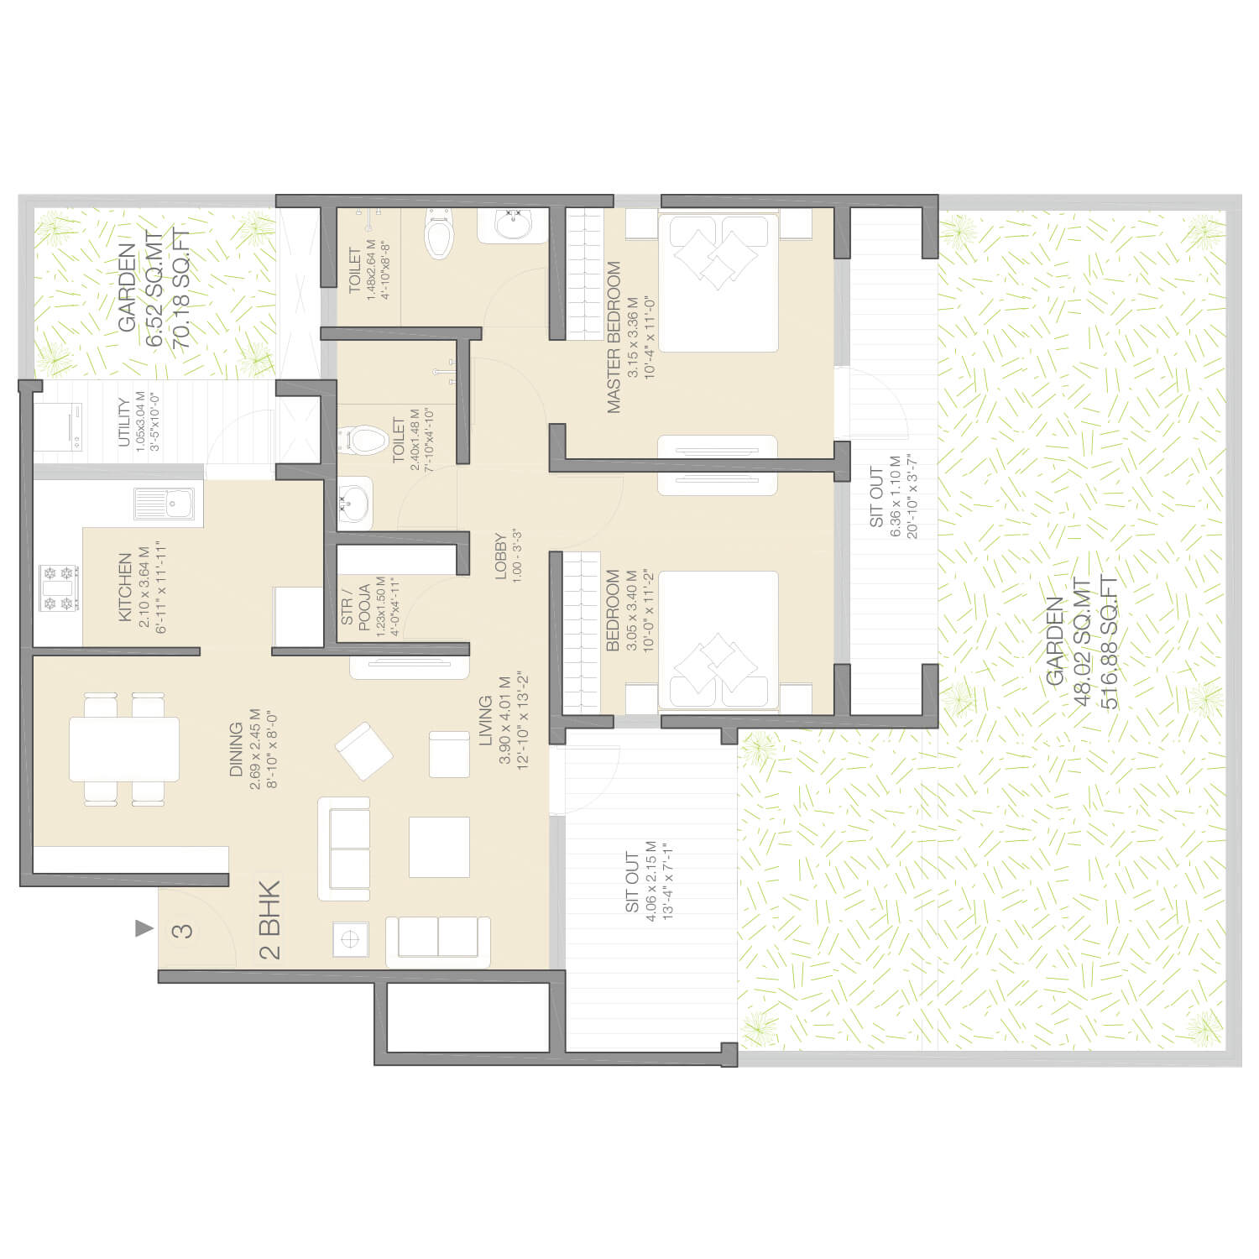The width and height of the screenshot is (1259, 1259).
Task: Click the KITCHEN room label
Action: pos(125,588)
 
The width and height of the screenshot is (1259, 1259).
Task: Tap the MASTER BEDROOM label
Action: pos(614,338)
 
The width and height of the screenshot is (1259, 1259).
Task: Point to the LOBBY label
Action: pos(501,556)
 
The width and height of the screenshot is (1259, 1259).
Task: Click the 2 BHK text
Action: pos(269,919)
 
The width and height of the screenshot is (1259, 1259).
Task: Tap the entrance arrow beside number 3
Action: pos(144,928)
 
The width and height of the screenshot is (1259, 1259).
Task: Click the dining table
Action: pos(124,749)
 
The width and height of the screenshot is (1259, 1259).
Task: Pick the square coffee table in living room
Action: pos(439,847)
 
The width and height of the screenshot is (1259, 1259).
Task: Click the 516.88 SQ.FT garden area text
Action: pos(1109,643)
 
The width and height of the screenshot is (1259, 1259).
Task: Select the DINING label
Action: pos(236,750)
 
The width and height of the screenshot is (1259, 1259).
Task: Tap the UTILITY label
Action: pos(124,424)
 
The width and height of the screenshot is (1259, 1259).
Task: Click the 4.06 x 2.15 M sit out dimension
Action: pos(651,882)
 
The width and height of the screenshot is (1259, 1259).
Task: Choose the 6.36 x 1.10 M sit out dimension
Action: pos(896,497)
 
